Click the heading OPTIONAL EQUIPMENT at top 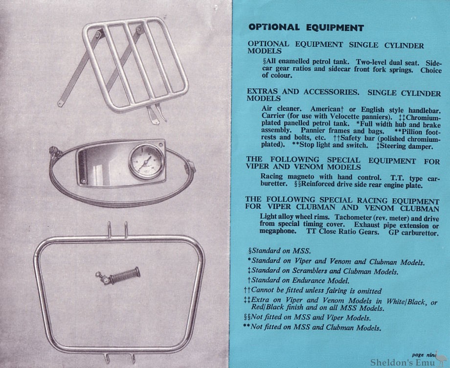306,27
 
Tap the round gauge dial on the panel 146,161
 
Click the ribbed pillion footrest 118,276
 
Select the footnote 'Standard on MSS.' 279,251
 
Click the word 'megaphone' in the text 278,231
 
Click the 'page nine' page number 423,355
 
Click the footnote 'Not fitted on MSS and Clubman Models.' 312,327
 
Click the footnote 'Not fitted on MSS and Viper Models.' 307,318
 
